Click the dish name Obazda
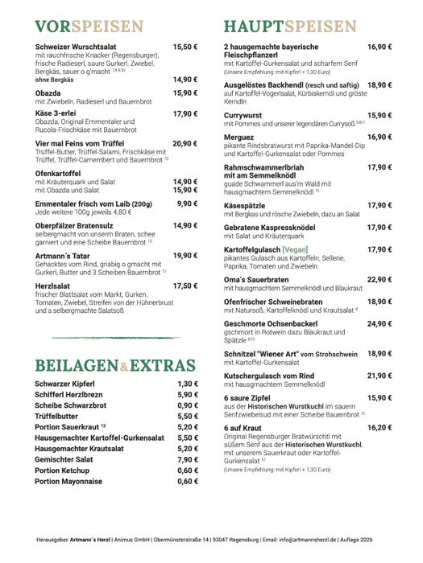51,93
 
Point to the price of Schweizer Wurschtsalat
185,47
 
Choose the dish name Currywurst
244,115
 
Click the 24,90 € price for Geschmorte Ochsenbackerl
379,323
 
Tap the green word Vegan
299,249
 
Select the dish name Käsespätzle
247,205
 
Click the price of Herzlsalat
185,285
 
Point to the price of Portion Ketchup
187,470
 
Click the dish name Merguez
239,137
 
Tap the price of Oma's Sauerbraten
379,279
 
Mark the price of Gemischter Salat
187,459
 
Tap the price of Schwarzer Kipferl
187,384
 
